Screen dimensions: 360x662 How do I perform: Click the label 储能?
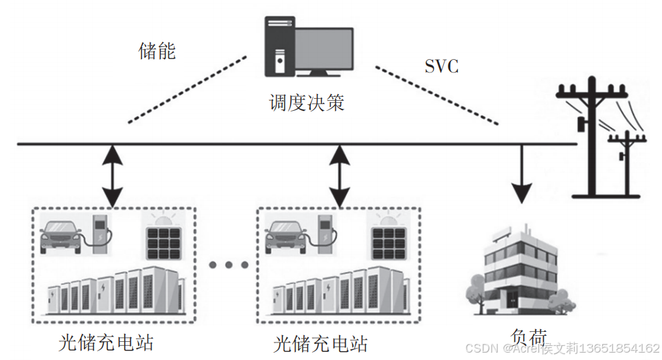coord(157,51)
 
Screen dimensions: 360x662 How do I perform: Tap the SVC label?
coord(441,66)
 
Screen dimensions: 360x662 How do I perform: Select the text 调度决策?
coord(306,103)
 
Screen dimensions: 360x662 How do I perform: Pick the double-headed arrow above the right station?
coord(340,175)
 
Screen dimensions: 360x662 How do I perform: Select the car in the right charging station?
coord(287,236)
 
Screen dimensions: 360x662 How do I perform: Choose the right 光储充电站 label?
coord(321,344)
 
